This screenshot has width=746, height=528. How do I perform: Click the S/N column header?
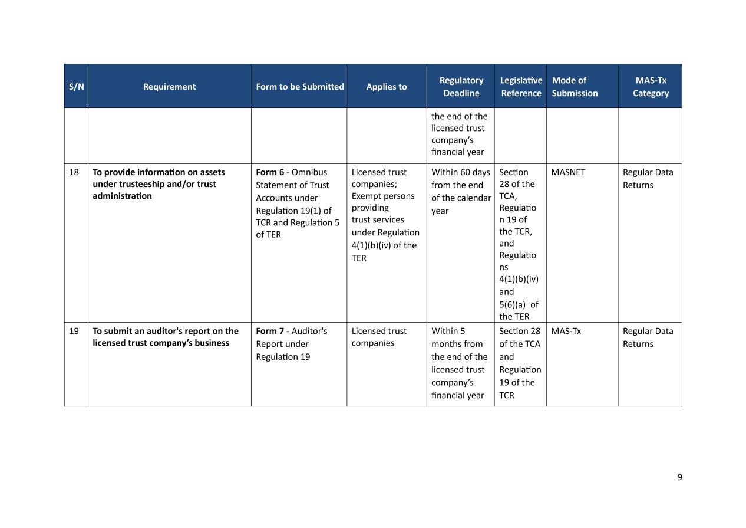76,87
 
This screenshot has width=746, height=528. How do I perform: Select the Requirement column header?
169,87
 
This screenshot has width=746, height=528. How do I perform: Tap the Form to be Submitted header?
299,87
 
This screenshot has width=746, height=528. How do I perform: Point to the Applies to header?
386,87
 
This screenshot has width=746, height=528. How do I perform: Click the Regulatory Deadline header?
461,87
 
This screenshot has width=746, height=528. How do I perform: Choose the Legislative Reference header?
521,87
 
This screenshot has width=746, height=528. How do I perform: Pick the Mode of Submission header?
575,87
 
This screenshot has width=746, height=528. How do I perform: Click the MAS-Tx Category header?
651,87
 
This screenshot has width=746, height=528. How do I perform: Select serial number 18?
74,172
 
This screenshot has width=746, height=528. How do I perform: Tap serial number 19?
74,331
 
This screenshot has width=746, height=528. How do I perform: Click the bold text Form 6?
269,172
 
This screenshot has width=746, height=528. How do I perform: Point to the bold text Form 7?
269,331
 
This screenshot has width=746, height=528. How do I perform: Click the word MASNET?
568,172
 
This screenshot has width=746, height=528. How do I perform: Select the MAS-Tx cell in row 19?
566,331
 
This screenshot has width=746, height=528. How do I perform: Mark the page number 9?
679,477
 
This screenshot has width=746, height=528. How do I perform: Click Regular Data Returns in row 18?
648,178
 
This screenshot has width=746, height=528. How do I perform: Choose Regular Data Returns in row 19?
648,337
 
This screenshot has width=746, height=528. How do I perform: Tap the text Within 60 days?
460,172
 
